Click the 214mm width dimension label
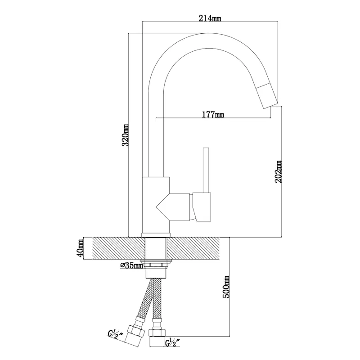click(210, 18)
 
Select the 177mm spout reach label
click(213, 114)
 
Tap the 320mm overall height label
click(125, 135)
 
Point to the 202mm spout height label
click(278, 172)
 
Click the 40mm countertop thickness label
click(81, 248)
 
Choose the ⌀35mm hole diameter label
click(131, 265)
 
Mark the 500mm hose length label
click(226, 287)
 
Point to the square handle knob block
click(202, 207)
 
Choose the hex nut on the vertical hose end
click(157, 333)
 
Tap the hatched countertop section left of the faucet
click(119, 248)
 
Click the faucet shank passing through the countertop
click(156, 248)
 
